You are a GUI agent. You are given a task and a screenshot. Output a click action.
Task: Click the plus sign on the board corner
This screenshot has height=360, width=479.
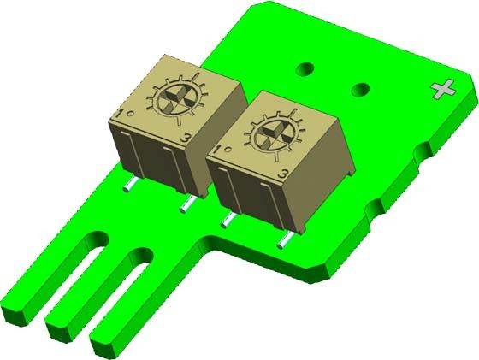click(443, 88)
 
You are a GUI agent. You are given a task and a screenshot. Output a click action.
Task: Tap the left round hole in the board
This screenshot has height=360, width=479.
click(304, 67)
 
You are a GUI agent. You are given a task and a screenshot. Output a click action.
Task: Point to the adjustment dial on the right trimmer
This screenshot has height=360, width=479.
click(275, 134)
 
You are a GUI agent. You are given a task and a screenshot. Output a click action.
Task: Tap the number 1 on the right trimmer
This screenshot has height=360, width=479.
click(219, 151)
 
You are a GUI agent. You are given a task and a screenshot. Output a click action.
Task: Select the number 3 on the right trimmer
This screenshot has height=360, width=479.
click(283, 174)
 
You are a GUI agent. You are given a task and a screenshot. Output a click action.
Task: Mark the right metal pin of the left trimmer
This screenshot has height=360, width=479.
click(186, 204)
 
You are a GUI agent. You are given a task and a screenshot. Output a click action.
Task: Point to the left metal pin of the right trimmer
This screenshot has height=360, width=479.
click(226, 221)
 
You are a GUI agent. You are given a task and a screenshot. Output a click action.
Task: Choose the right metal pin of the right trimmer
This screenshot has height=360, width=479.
click(283, 242)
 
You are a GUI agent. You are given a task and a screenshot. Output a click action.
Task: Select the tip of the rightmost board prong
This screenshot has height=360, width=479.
click(104, 345)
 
